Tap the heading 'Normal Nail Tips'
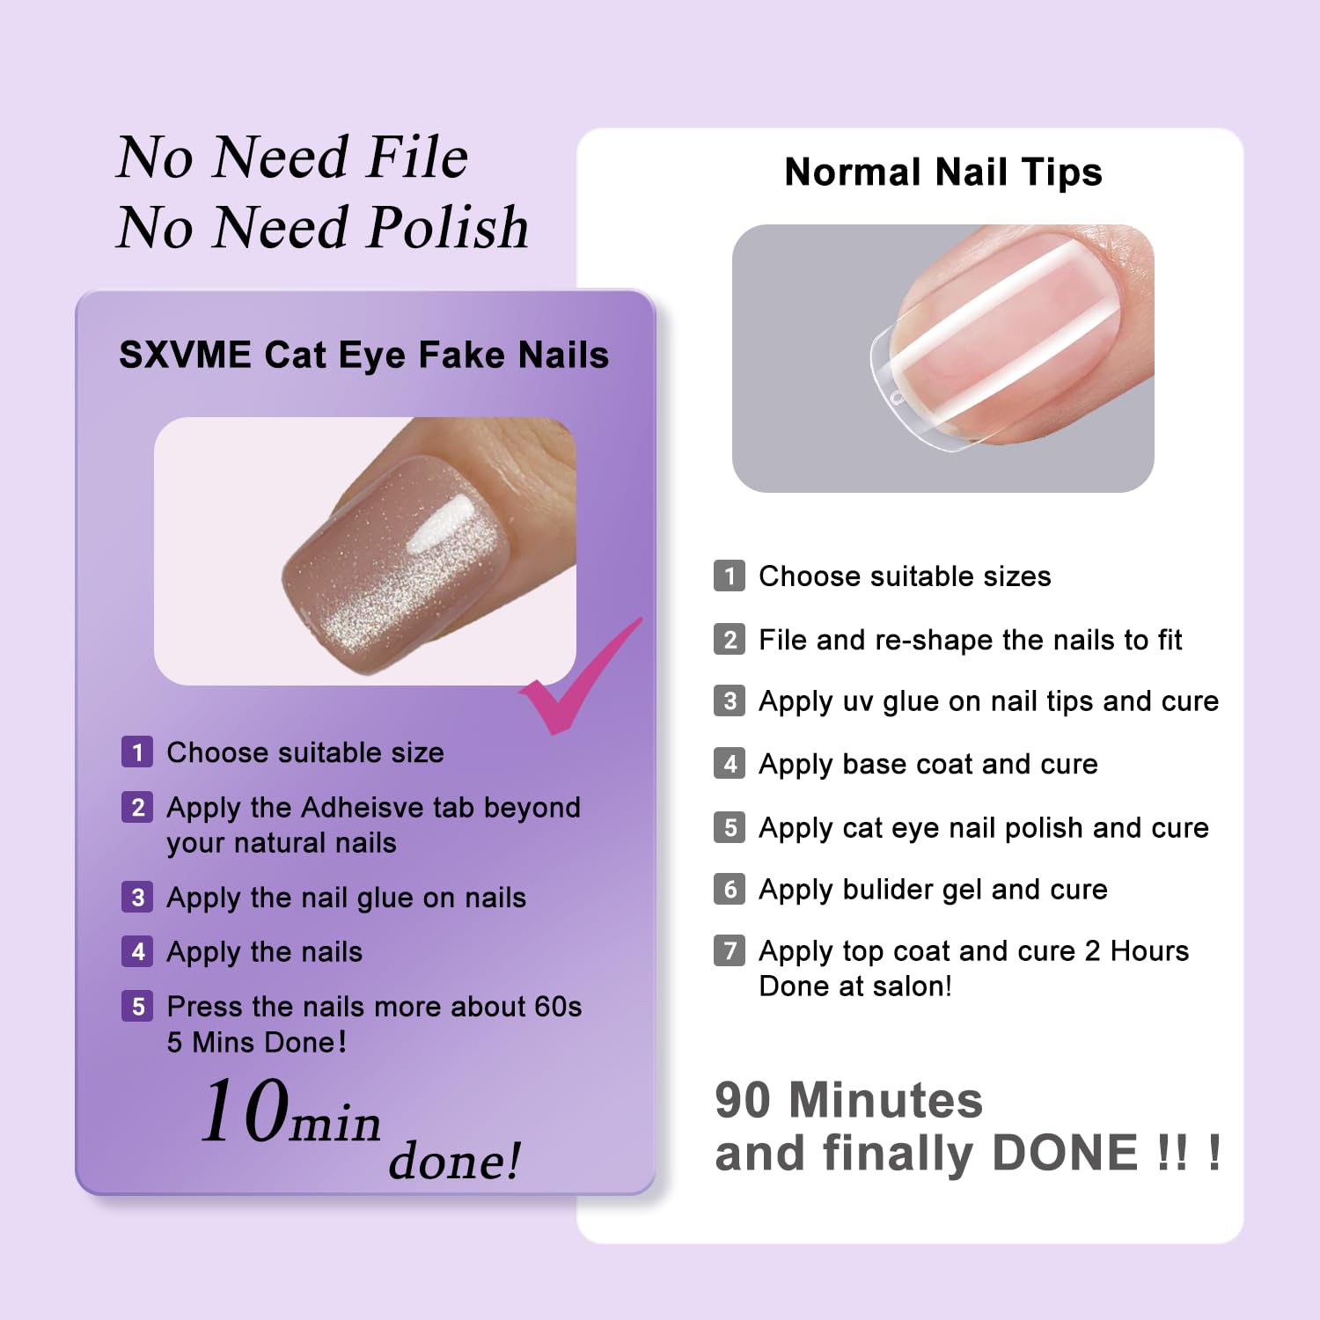tap(943, 172)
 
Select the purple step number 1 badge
tap(137, 752)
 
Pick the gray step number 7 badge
tap(730, 950)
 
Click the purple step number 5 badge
tap(137, 1006)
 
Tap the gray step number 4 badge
tap(730, 763)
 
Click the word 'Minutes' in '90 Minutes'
tap(885, 1100)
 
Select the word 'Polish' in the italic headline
tap(448, 227)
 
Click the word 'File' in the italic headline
tap(417, 157)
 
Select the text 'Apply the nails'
tap(265, 952)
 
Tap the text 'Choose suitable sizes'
tap(905, 576)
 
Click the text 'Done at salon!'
tap(855, 986)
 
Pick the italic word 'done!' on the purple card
tap(455, 1160)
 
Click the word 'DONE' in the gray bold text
tap(1065, 1153)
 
